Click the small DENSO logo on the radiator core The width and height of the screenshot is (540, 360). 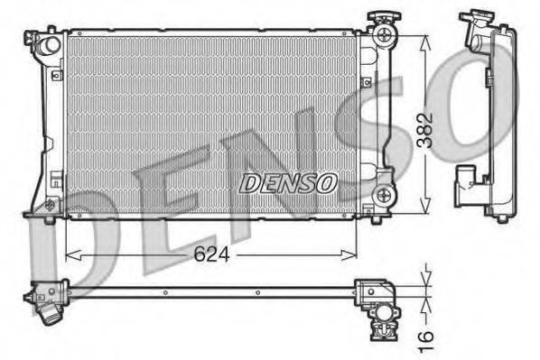tap(288, 183)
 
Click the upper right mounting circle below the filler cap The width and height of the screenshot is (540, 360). tap(384, 37)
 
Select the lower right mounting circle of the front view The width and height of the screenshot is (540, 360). tap(386, 193)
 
